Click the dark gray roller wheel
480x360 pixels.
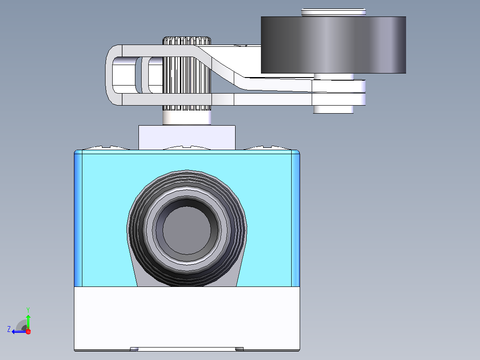pyautogui.click(x=334, y=45)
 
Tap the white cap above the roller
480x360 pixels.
pyautogui.click(x=334, y=12)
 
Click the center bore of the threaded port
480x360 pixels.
pyautogui.click(x=187, y=230)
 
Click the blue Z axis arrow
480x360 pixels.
pyautogui.click(x=19, y=331)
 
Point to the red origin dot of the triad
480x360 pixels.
pyautogui.click(x=28, y=331)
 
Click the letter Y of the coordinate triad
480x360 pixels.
pyautogui.click(x=28, y=310)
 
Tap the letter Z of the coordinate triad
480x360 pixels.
pyautogui.click(x=9, y=329)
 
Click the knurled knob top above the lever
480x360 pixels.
pyautogui.click(x=187, y=41)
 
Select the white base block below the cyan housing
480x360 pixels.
pyautogui.click(x=187, y=319)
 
